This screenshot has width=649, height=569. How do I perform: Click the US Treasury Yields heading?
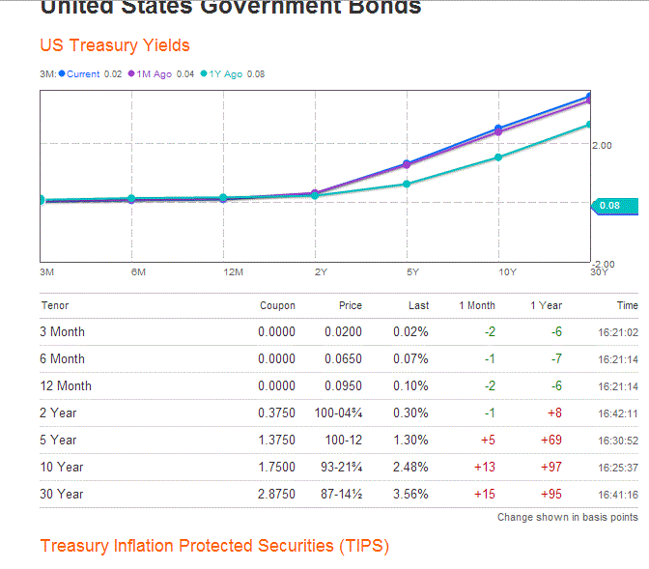[115, 45]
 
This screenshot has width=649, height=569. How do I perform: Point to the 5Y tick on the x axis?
[412, 272]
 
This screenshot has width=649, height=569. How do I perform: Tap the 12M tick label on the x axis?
[233, 272]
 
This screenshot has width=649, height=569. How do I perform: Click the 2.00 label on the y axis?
[602, 146]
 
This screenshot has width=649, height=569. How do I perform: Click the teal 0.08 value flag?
[610, 205]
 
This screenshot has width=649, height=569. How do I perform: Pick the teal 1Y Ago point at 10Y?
[498, 156]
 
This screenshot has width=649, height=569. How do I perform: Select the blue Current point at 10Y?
[498, 128]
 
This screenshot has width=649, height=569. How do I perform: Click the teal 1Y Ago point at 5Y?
[407, 184]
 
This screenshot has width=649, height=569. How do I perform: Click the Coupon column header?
[277, 305]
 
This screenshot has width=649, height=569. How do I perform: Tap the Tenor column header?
[55, 305]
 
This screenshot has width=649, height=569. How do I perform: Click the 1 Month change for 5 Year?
[485, 440]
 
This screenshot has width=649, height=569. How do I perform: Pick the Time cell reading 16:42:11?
[618, 413]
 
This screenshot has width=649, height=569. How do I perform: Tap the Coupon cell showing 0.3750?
[276, 413]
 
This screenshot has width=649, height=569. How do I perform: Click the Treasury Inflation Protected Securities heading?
[214, 546]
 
